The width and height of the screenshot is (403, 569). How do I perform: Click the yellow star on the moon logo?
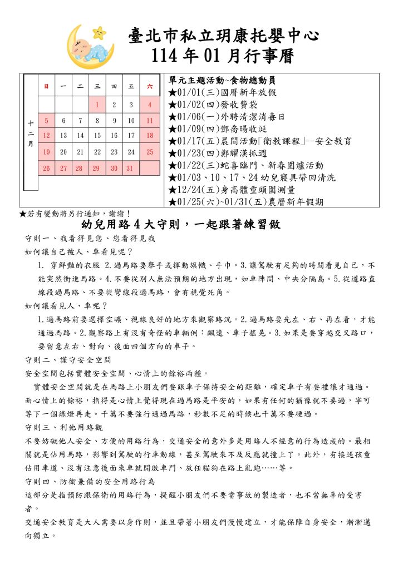[x=100, y=32]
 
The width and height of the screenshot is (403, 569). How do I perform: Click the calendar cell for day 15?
[x=97, y=135]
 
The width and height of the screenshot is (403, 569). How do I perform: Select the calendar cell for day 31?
[x=130, y=167]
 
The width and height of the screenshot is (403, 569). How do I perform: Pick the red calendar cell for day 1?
[x=97, y=104]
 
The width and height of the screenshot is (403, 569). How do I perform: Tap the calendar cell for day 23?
[x=114, y=151]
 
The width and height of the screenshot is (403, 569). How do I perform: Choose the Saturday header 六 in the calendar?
[x=149, y=86]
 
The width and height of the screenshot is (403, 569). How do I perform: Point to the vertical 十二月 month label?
[x=30, y=134]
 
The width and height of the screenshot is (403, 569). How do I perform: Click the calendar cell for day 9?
[x=114, y=120]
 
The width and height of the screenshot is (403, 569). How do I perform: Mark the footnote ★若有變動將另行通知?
[x=75, y=213]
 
